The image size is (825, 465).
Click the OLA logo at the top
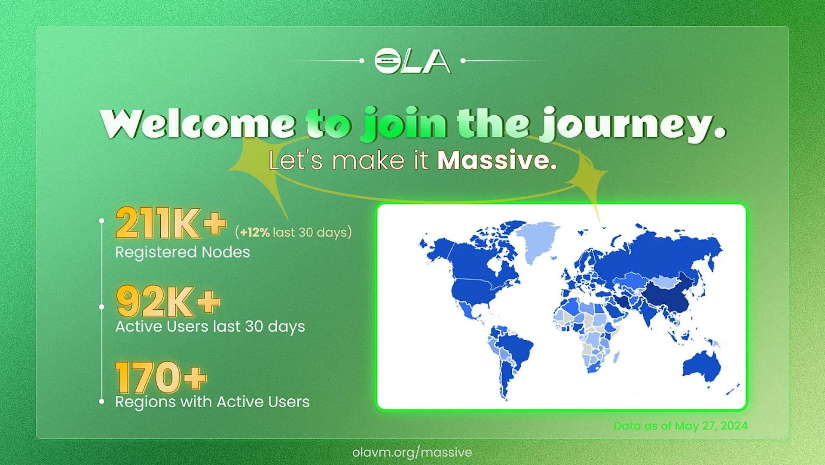point(412,61)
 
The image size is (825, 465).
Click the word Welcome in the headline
point(198,124)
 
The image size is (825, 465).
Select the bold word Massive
point(497,160)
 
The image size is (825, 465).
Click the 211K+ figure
point(171,223)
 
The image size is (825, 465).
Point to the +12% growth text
point(255,232)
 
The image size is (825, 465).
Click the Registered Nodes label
point(183,252)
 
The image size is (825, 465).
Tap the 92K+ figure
point(168,301)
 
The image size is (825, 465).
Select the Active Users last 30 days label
point(210,326)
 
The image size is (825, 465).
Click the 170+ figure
point(161,378)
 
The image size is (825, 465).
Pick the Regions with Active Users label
point(212,402)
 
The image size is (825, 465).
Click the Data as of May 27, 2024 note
point(681,426)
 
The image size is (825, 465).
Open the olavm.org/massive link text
point(412,453)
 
